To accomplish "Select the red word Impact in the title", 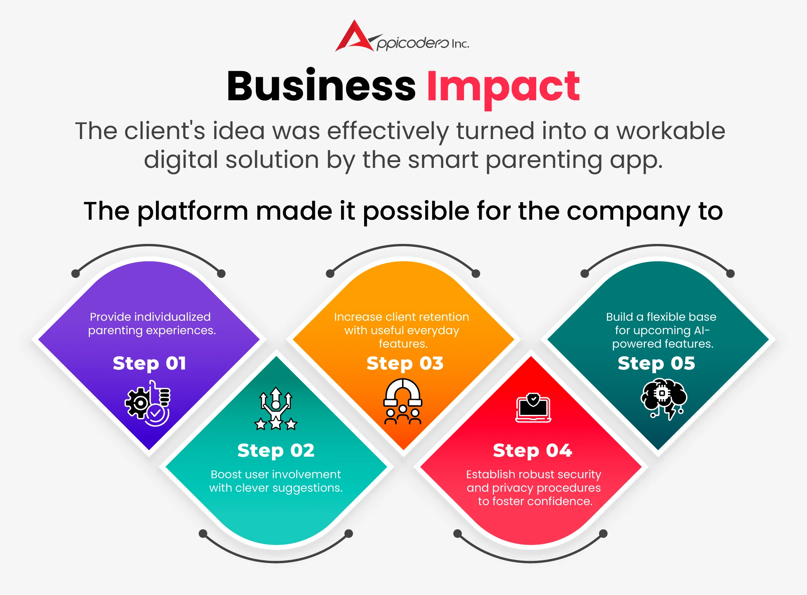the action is pyautogui.click(x=503, y=89).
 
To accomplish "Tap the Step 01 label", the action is pyautogui.click(x=149, y=363).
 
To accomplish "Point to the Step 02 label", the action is pyautogui.click(x=276, y=451).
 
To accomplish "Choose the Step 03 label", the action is pyautogui.click(x=405, y=363).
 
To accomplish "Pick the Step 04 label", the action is pyautogui.click(x=532, y=451).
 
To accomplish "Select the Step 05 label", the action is pyautogui.click(x=656, y=363).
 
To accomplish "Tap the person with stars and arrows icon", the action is pyautogui.click(x=276, y=408).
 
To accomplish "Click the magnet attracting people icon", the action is pyautogui.click(x=403, y=401).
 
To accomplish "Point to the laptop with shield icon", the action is pyautogui.click(x=533, y=408).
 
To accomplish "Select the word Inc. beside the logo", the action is pyautogui.click(x=461, y=44).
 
